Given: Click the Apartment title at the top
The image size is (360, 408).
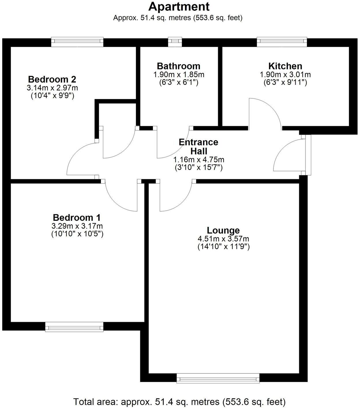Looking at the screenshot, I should click(179, 7).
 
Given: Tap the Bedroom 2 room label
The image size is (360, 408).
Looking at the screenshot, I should click(52, 79).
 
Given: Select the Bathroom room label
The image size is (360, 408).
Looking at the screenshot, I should click(179, 66).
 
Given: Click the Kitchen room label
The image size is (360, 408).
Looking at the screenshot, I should click(285, 66).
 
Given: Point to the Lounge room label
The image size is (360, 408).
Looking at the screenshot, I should click(223, 230).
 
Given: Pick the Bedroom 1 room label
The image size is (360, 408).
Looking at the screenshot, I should click(77, 217).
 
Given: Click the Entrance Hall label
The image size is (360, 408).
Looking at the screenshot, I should click(198, 146).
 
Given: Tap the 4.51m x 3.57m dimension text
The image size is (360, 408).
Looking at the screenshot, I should click(223, 239).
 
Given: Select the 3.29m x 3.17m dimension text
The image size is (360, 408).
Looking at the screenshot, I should click(77, 226).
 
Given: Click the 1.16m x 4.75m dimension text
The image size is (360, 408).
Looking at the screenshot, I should click(198, 159).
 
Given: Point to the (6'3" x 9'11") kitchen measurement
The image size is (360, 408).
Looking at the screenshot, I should click(285, 82).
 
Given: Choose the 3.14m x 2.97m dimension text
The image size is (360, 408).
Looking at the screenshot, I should click(52, 87).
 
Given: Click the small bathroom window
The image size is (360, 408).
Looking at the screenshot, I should click(175, 42).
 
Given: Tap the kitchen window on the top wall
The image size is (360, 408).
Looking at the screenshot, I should click(282, 42).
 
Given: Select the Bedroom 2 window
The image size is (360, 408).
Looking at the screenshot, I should click(77, 42).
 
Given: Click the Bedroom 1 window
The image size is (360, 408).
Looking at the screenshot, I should click(74, 327).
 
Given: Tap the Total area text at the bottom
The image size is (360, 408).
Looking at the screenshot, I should click(179, 401).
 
